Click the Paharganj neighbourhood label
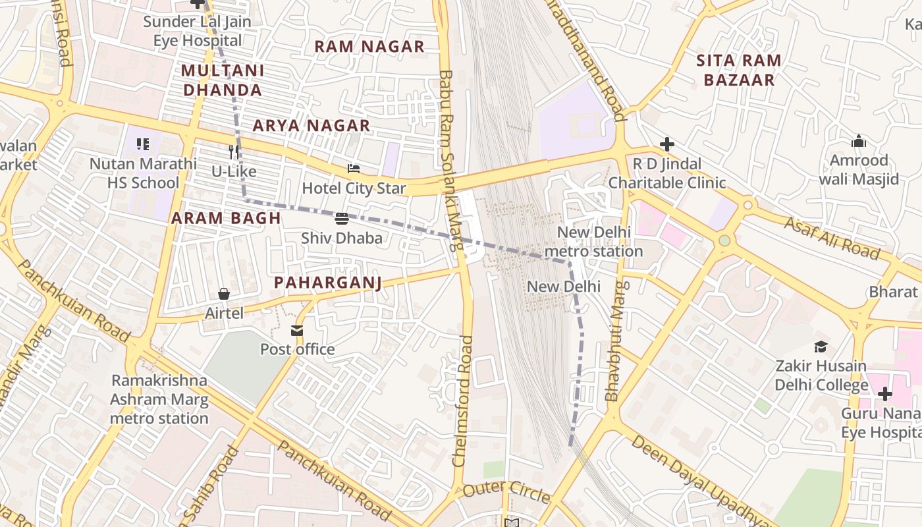327,283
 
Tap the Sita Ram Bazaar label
738,70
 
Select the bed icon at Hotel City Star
354,169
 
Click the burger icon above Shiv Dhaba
341,219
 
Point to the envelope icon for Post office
297,330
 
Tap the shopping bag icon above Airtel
224,294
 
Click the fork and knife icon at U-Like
233,152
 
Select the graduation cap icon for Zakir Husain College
821,347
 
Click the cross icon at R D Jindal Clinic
667,144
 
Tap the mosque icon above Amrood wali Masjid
858,141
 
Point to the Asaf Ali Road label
832,238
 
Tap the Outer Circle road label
506,491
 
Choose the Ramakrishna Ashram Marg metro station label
159,399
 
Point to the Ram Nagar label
369,47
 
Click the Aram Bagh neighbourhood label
226,218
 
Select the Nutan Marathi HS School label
143,173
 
